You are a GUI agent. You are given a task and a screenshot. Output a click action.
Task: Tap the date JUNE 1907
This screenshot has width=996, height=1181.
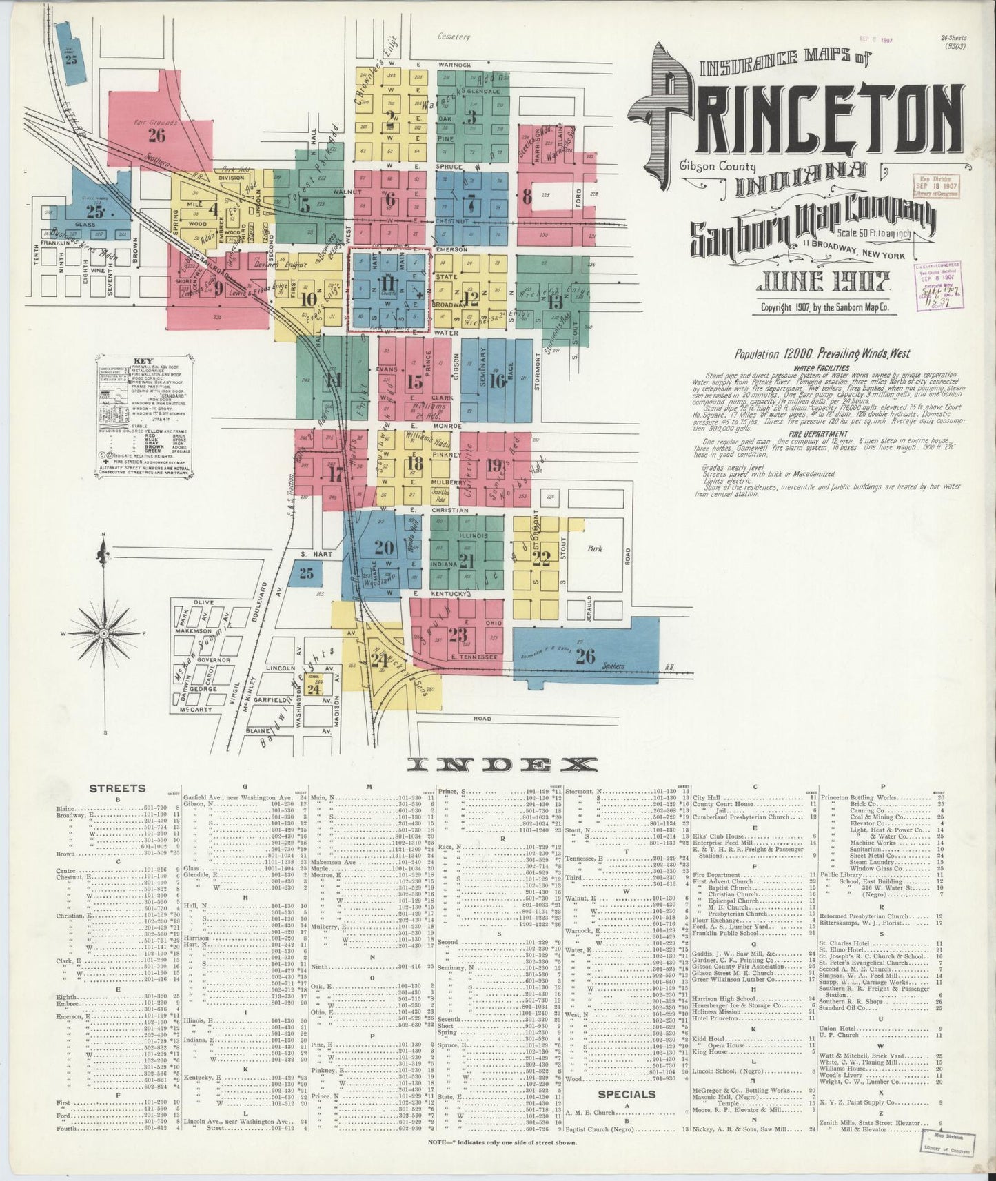point(824,280)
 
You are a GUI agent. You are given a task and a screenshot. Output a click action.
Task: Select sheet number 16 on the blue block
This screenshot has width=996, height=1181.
point(497,380)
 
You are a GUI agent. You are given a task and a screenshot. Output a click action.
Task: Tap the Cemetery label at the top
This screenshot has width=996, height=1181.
point(454,37)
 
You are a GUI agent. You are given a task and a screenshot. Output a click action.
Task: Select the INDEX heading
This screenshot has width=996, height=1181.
point(501,764)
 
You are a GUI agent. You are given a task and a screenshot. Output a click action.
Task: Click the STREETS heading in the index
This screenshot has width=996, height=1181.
point(117,788)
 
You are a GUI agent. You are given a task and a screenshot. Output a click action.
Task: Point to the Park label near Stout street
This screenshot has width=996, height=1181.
point(594,550)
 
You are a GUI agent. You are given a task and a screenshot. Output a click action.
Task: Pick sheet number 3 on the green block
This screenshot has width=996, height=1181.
point(471,116)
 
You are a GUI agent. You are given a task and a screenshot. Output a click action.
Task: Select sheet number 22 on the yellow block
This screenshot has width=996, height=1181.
point(541,556)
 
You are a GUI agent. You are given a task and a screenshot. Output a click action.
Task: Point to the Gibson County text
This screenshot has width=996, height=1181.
point(717,166)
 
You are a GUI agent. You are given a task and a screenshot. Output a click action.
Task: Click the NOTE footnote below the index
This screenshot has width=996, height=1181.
point(502,1142)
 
